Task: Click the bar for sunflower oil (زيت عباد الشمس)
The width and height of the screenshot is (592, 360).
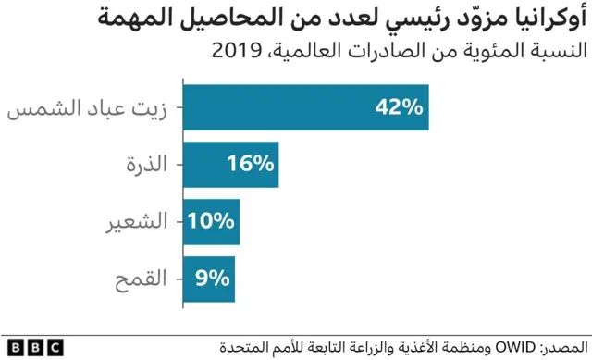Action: coord(277,107)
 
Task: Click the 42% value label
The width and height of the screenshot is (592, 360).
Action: coord(398,107)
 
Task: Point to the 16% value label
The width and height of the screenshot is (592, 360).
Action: coord(251,165)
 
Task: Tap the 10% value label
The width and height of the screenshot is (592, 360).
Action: coord(212,222)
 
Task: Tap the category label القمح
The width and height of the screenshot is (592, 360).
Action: coord(144,279)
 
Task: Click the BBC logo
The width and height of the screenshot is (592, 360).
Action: coord(32,346)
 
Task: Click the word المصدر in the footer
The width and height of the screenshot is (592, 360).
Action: coord(564,346)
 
